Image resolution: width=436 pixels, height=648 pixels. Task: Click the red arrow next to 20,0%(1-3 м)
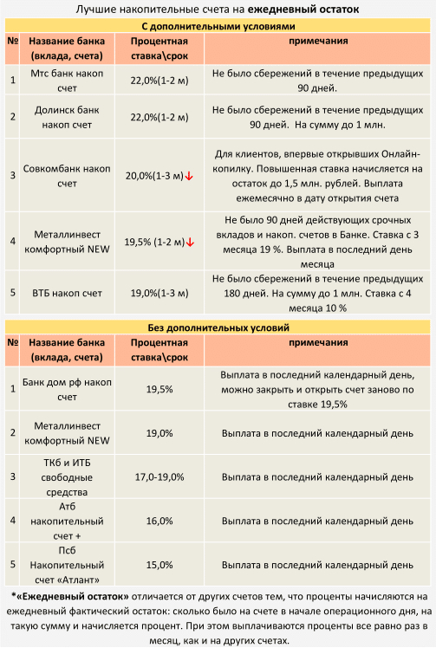(189, 176)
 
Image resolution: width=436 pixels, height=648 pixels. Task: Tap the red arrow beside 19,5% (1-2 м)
(190, 243)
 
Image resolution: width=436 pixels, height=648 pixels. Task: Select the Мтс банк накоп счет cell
(67, 81)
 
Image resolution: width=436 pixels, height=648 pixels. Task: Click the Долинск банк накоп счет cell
(67, 117)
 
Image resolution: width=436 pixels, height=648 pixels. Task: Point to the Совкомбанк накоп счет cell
(67, 176)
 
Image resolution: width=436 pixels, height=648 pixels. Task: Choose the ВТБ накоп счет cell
(67, 293)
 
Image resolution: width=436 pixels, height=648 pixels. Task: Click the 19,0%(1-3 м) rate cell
(159, 293)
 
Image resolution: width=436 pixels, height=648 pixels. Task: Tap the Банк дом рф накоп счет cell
(67, 389)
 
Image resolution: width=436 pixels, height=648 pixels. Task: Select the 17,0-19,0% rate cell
(159, 477)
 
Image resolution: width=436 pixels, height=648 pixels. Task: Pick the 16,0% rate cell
(159, 521)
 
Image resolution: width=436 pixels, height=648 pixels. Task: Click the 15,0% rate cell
(159, 565)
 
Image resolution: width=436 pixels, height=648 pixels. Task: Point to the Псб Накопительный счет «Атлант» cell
(67, 565)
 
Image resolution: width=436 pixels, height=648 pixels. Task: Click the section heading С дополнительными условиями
(218, 26)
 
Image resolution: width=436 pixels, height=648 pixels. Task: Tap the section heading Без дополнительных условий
(218, 327)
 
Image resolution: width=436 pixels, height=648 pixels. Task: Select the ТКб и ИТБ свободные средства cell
(67, 477)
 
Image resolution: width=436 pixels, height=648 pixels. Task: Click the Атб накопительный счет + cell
(67, 521)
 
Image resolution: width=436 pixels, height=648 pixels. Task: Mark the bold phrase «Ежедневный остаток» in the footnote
(70, 596)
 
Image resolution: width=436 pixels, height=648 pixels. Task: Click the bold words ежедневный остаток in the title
(303, 9)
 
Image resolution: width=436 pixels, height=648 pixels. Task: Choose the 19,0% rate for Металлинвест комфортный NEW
(159, 433)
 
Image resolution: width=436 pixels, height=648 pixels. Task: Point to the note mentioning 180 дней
(318, 293)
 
